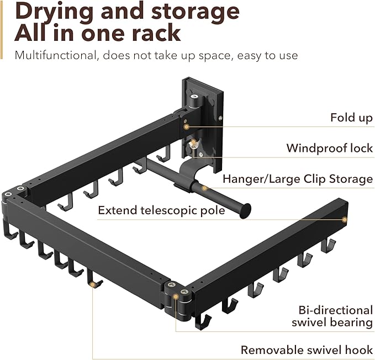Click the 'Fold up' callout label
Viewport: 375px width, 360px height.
[351, 118]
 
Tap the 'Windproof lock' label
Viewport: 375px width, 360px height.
[330, 148]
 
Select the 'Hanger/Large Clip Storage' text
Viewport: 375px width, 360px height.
[298, 179]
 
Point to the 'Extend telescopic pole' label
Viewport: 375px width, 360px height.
[161, 210]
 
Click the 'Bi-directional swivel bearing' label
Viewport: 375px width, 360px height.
[332, 316]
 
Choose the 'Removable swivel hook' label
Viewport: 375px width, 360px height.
[307, 350]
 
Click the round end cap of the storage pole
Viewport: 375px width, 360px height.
[246, 210]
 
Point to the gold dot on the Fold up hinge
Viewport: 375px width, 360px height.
[187, 126]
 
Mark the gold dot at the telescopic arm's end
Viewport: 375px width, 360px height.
[345, 219]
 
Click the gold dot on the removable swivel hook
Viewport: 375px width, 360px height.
[92, 284]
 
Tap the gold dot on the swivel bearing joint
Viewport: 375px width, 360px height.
[176, 297]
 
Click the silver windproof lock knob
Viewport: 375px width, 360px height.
[193, 144]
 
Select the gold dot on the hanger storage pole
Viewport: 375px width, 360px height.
[204, 188]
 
